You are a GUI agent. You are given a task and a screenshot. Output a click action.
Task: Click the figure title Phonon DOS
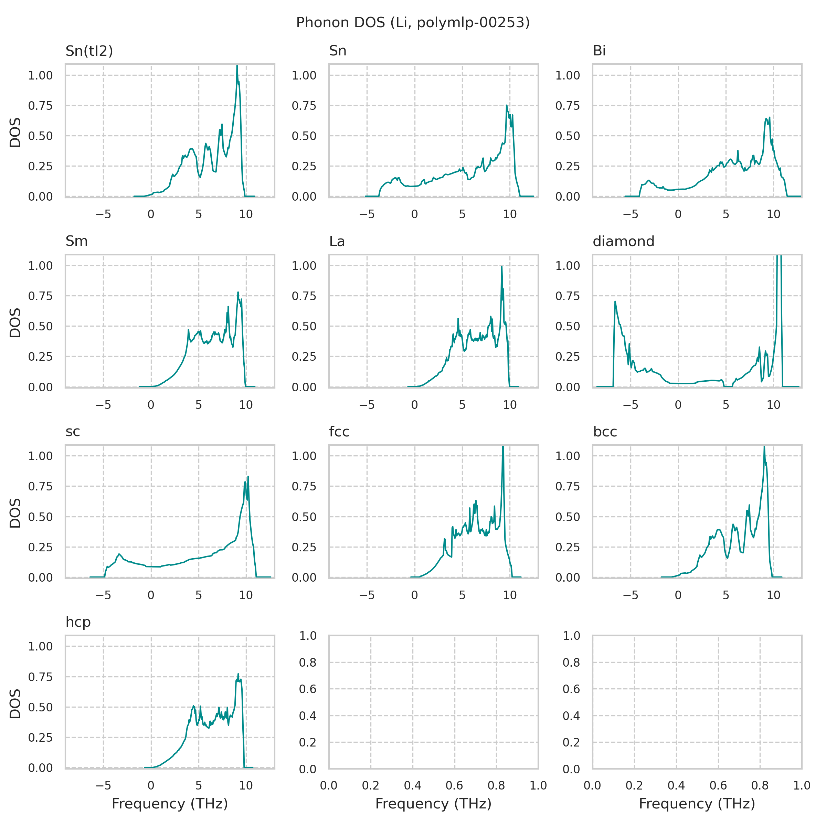pyautogui.click(x=413, y=22)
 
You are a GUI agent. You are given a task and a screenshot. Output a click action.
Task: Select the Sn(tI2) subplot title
pyautogui.click(x=89, y=51)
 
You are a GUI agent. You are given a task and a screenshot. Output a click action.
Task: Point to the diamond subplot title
pyautogui.click(x=623, y=241)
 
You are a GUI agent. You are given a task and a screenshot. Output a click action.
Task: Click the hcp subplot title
pyautogui.click(x=78, y=622)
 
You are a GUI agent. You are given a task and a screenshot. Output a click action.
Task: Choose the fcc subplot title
pyautogui.click(x=339, y=432)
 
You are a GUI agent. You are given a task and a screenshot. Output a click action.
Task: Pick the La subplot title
pyautogui.click(x=337, y=242)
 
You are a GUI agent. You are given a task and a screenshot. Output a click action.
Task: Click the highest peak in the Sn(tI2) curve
pyautogui.click(x=237, y=66)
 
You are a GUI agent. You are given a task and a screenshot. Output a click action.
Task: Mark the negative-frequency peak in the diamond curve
pyautogui.click(x=615, y=301)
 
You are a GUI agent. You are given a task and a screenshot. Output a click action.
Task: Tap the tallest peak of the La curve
pyautogui.click(x=501, y=266)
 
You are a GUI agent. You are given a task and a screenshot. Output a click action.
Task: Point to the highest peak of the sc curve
pyautogui.click(x=248, y=476)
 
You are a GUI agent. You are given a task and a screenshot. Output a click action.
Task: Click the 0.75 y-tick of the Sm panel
pyautogui.click(x=40, y=296)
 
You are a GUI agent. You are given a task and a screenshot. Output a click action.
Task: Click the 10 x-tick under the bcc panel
pyautogui.click(x=773, y=595)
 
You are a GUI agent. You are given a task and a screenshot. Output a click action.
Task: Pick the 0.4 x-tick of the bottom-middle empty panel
pyautogui.click(x=413, y=785)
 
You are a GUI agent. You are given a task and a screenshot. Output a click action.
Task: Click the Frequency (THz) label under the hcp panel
pyautogui.click(x=170, y=804)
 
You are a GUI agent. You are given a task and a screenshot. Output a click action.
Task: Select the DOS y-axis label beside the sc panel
pyautogui.click(x=15, y=512)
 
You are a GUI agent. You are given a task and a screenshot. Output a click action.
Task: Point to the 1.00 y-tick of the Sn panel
pyautogui.click(x=304, y=75)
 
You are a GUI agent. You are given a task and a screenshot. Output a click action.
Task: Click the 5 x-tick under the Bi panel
pyautogui.click(x=726, y=214)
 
